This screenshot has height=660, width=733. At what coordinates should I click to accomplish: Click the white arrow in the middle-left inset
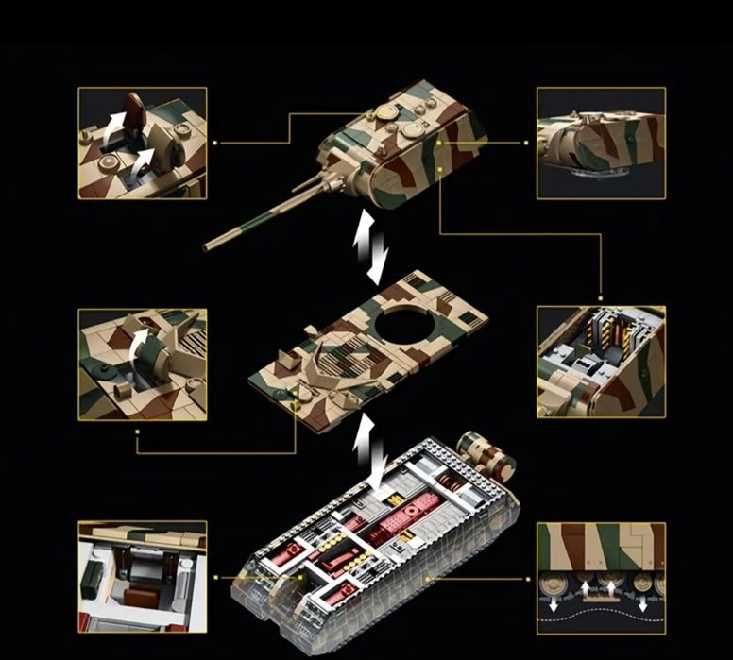(x=141, y=339)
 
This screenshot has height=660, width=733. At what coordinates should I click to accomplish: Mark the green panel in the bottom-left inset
(x=97, y=577)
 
